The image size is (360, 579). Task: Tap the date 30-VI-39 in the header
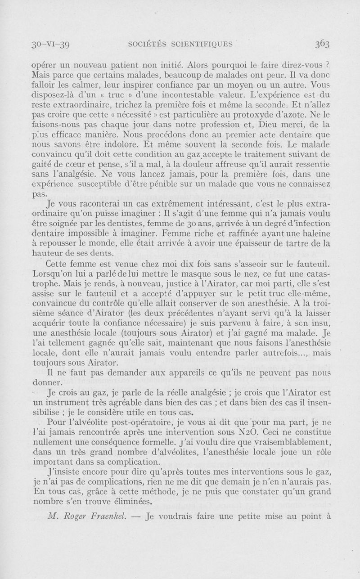point(49,45)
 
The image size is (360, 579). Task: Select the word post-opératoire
point(135,423)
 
